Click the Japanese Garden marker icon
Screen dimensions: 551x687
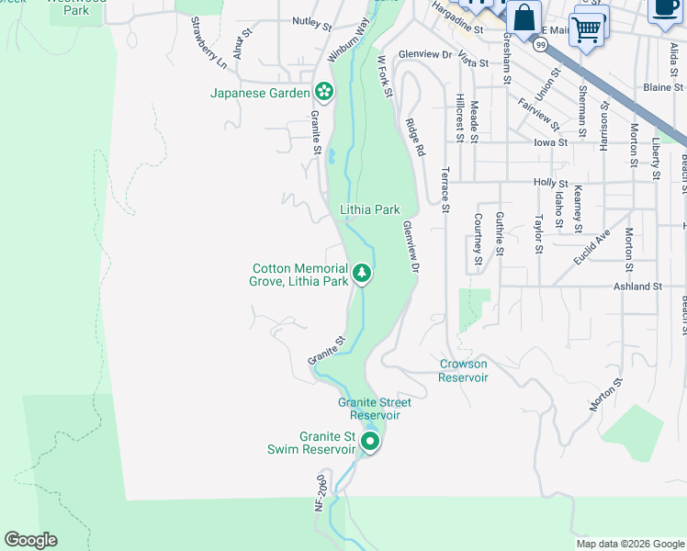(x=323, y=92)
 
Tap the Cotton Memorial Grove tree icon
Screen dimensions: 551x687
(x=362, y=274)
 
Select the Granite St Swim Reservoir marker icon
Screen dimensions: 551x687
(x=369, y=443)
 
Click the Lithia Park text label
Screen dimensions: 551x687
(x=369, y=209)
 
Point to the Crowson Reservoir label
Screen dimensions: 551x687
(x=463, y=370)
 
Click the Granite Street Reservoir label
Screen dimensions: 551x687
(x=375, y=409)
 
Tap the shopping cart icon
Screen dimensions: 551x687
(x=588, y=28)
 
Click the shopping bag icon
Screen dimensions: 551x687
(x=523, y=18)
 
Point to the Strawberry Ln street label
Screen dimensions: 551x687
(x=208, y=42)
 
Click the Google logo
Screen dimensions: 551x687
(x=30, y=540)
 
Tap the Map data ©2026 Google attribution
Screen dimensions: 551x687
(x=630, y=544)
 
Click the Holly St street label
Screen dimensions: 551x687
(x=551, y=183)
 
